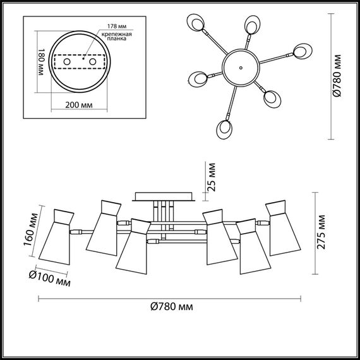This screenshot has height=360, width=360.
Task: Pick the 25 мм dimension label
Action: coord(212,176)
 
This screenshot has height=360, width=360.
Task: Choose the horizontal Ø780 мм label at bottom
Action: coord(172,306)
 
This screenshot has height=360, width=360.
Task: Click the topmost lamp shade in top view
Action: coord(253,25)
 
